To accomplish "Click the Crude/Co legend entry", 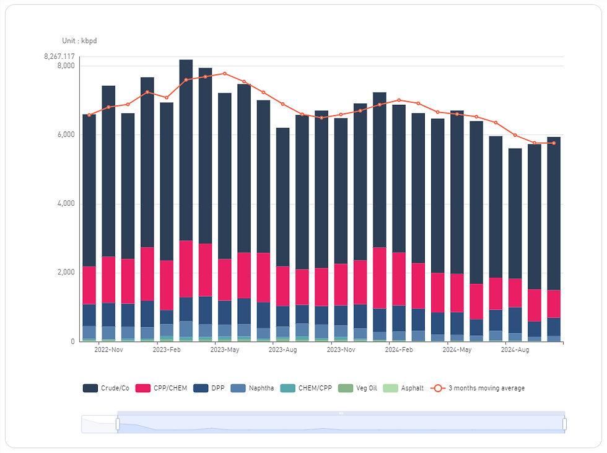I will [x=106, y=389].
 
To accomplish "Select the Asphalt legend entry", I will [x=403, y=389].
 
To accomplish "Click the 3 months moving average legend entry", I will [x=478, y=389].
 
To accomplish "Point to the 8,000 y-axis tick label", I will [x=66, y=66].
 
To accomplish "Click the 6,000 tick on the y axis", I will [x=66, y=134].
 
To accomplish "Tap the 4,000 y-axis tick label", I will [x=66, y=204].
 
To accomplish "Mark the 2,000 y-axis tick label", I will [x=66, y=273].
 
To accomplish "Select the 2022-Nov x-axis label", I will [x=108, y=350].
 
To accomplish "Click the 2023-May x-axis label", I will [x=225, y=350].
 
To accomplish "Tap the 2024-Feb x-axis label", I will [x=399, y=350].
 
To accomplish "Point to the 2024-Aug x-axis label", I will [x=515, y=350].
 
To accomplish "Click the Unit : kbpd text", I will [x=79, y=41].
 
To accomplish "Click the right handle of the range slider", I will [x=564, y=424].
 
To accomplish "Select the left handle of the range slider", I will [x=117, y=424].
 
